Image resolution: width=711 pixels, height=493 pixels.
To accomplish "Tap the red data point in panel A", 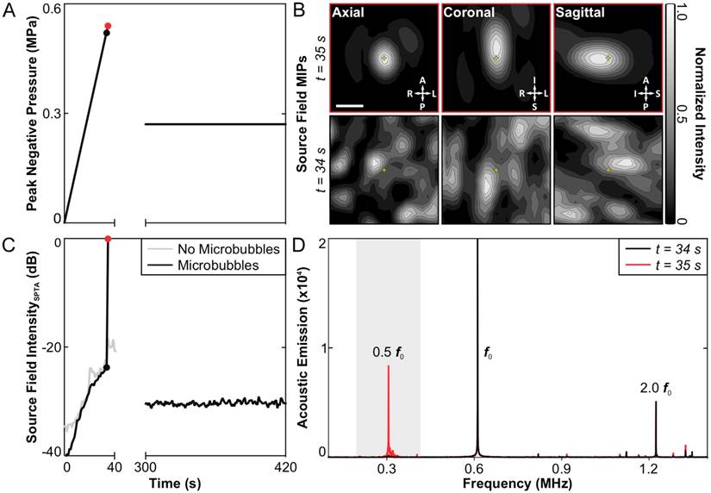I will (108, 26).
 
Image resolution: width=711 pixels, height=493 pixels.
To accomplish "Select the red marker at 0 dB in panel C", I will (108, 240).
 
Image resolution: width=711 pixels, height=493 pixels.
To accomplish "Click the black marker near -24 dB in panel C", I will (107, 367).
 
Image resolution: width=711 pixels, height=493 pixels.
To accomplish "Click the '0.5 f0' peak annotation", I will (387, 352).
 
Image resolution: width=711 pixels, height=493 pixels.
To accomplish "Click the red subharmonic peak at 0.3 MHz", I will (388, 405).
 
